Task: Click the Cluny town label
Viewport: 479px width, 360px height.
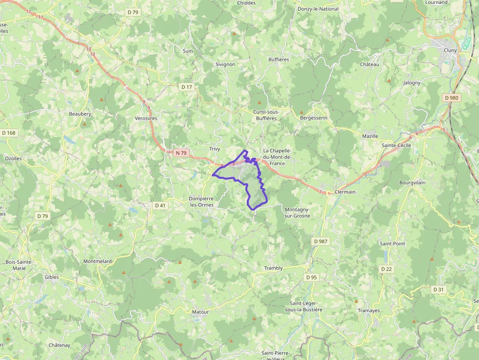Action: point(450,50)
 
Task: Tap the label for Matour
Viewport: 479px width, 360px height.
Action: point(200,312)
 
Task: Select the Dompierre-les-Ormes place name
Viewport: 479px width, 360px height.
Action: point(201,202)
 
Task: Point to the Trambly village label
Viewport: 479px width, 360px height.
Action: point(273,268)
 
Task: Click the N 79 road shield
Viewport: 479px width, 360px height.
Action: point(181,153)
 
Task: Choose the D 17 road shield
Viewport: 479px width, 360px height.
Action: point(187,87)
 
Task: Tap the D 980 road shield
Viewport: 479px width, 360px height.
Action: point(452,98)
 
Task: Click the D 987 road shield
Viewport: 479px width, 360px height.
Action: point(321,241)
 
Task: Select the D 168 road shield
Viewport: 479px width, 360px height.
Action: point(9,133)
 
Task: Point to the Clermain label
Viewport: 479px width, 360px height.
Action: point(345,192)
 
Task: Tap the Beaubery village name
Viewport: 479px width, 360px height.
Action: point(80,114)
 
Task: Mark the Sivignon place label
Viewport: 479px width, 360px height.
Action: point(225,64)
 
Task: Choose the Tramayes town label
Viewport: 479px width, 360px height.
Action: point(369,311)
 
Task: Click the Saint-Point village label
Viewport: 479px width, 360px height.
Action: point(392,243)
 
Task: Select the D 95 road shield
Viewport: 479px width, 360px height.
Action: point(311,277)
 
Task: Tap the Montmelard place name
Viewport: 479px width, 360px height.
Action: point(97,261)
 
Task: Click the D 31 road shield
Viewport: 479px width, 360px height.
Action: point(438,290)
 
